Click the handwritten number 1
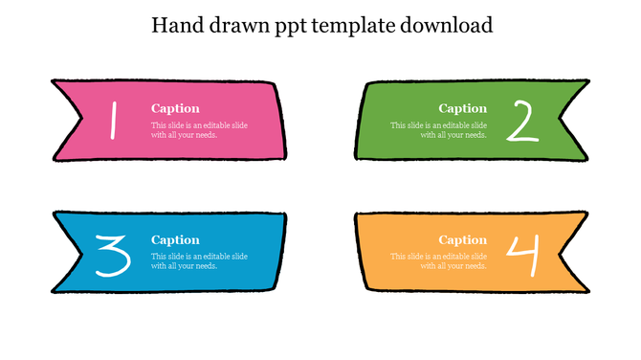113,121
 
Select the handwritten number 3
113,254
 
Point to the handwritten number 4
522,253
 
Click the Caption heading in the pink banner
175,109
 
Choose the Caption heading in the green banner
463,109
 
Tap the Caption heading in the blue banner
175,240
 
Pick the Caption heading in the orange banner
463,240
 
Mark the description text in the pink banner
199,130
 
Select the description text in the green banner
439,130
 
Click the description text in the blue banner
199,261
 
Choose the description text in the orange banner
439,261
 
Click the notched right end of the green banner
574,121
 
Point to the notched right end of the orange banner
574,251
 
